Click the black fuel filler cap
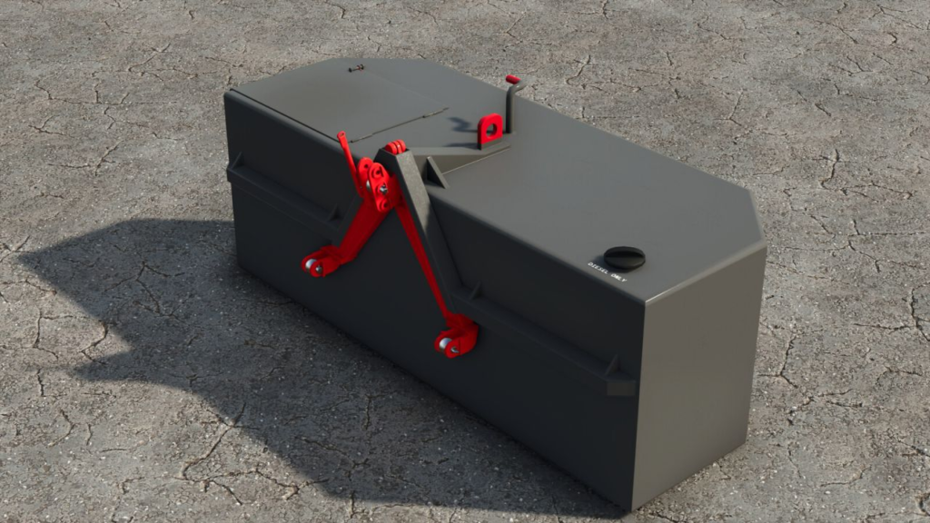[x=624, y=257]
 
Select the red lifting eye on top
[x=491, y=129]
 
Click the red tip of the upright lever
[x=513, y=81]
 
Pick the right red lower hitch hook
[x=454, y=340]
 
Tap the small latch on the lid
[x=356, y=67]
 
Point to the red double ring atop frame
[x=395, y=146]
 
